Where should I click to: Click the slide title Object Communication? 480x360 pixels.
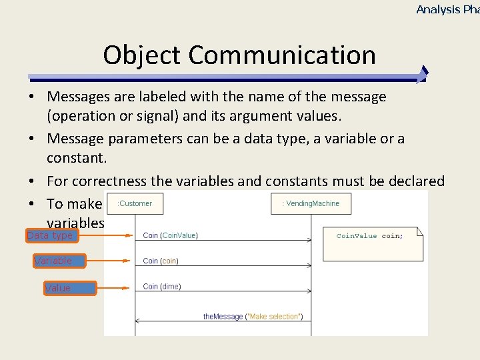pyautogui.click(x=239, y=55)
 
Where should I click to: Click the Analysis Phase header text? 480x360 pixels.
pyautogui.click(x=447, y=9)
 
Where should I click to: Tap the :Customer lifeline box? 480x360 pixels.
pyautogui.click(x=135, y=203)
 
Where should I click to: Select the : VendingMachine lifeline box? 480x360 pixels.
pyautogui.click(x=311, y=203)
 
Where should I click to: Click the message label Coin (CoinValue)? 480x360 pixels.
pyautogui.click(x=170, y=235)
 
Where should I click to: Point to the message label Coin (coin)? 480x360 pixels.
pyautogui.click(x=161, y=261)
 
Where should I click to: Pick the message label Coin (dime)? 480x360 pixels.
pyautogui.click(x=162, y=287)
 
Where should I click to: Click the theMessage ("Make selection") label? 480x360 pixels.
pyautogui.click(x=253, y=316)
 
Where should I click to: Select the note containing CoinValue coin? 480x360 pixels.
pyautogui.click(x=373, y=243)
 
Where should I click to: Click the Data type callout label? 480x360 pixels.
pyautogui.click(x=51, y=235)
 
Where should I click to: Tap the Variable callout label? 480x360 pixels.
pyautogui.click(x=53, y=261)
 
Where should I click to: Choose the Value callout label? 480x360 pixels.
pyautogui.click(x=58, y=288)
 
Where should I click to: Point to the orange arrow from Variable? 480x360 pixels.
pyautogui.click(x=113, y=261)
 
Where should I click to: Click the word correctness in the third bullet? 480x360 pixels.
pyautogui.click(x=115, y=181)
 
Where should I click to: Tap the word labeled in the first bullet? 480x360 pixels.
pyautogui.click(x=144, y=97)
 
